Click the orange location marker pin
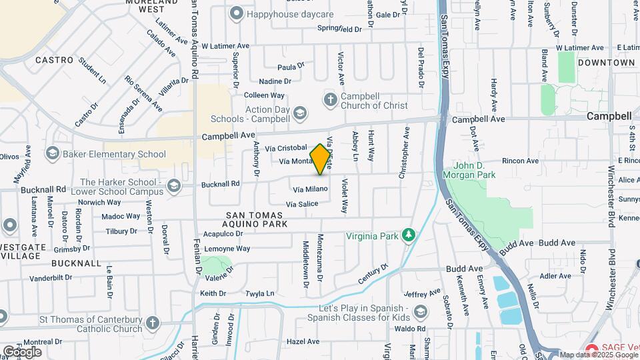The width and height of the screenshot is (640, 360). point(321,159)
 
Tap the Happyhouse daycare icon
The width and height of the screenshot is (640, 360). point(236,13)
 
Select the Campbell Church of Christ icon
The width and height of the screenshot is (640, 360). point(330,100)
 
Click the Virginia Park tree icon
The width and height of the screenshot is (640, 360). point(409,235)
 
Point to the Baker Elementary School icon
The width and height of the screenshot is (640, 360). point(52,154)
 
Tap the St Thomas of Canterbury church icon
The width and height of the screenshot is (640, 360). point(153,324)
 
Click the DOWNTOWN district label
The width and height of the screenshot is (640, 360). point(606,63)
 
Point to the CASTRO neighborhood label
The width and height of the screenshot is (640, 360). point(54,60)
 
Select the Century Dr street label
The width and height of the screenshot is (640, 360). point(373,274)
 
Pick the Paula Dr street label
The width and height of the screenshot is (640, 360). point(291,67)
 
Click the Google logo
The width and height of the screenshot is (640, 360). point(22,351)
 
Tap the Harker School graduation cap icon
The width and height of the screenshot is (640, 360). point(174,185)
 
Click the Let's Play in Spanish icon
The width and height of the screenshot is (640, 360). point(421,311)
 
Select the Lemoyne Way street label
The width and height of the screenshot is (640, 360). point(226,249)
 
